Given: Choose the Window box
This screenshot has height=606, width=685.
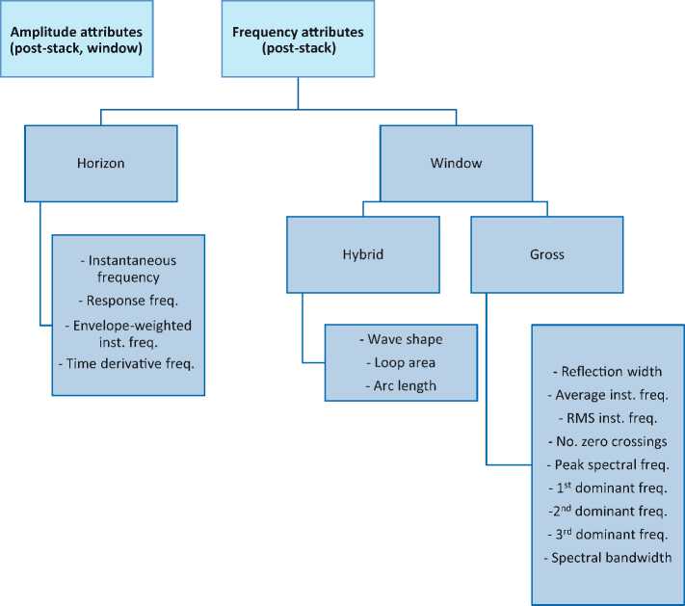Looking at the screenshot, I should coord(457,163).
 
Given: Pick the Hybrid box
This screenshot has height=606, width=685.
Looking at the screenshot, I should coord(363,254).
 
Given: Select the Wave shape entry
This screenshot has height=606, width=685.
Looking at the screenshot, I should coord(400,341).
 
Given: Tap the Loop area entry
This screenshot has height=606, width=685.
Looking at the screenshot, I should coord(400,361).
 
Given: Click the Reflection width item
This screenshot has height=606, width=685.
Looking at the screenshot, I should coord(607,372).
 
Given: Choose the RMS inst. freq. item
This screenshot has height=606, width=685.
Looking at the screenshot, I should coord(607,418).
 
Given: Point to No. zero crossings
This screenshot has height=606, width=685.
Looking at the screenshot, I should coord(607,441).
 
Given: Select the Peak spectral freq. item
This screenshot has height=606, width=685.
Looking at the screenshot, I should coord(607,464).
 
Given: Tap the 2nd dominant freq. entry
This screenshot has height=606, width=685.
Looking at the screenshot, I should coord(607,511).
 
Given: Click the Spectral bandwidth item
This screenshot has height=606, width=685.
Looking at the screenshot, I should coord(607,557).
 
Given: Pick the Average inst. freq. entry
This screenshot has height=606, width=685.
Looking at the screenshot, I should coord(607,395).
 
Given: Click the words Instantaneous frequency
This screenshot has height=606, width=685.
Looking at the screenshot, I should coord(128,270).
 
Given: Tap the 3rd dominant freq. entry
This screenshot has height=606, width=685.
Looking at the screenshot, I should coord(607,534).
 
